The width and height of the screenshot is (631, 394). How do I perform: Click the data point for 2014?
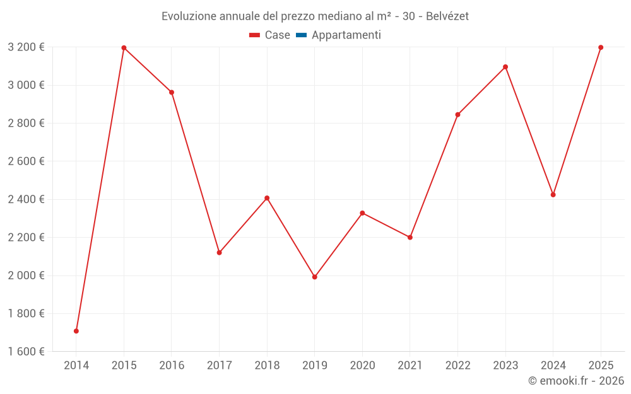(76, 331)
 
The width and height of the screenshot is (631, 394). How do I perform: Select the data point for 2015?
(124, 48)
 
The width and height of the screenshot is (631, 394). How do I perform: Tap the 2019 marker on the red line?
(315, 277)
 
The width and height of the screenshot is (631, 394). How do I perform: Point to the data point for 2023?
(505, 67)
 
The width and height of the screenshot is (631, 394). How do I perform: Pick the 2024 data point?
(553, 195)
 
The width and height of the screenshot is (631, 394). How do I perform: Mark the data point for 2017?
(219, 253)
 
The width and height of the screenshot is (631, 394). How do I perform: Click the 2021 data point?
(410, 238)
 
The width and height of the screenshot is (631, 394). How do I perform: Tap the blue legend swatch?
(301, 35)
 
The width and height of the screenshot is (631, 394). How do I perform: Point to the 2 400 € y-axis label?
(26, 199)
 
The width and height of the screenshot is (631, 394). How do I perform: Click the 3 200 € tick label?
(26, 47)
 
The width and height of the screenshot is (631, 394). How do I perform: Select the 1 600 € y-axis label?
(26, 352)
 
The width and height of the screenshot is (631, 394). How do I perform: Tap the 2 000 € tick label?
(26, 275)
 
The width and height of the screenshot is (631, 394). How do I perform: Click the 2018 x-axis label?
(267, 366)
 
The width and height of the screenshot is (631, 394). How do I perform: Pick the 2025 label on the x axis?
(601, 366)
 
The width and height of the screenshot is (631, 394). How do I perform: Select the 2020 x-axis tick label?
(362, 366)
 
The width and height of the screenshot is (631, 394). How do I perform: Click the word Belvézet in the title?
(447, 16)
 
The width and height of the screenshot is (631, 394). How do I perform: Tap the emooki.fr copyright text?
(576, 381)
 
